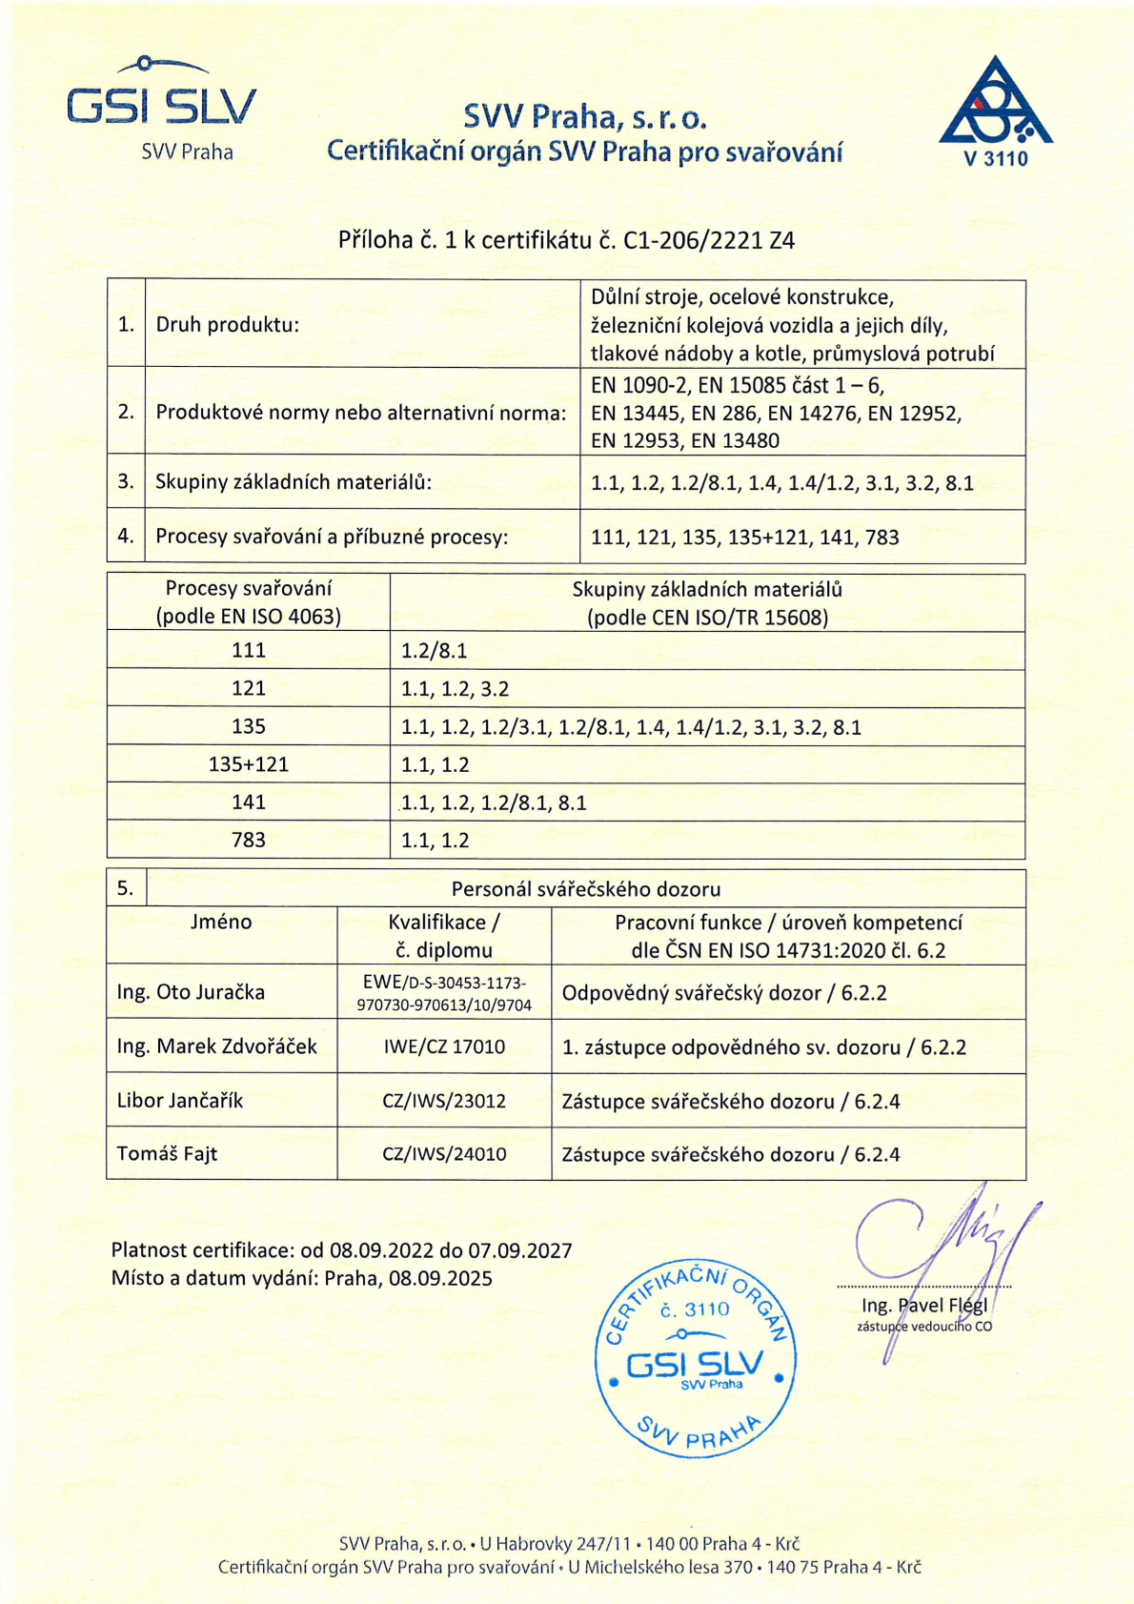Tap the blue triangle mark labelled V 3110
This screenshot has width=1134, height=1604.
(996, 110)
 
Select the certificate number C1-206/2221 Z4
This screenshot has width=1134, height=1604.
(709, 240)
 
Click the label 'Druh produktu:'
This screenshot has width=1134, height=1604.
(227, 325)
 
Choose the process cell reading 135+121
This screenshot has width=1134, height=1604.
(249, 764)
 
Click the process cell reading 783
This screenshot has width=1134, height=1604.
(249, 840)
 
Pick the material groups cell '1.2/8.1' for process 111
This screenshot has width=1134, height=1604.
(435, 651)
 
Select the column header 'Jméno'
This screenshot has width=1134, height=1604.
(221, 922)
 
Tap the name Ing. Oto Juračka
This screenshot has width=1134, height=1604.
(191, 992)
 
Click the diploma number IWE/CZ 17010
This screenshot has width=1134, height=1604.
(444, 1046)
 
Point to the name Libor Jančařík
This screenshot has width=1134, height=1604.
(180, 1101)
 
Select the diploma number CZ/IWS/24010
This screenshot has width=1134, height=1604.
(444, 1154)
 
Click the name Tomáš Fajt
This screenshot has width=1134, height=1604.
(167, 1154)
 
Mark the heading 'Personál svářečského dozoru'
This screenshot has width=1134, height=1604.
(585, 889)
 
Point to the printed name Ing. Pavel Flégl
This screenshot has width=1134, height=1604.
(924, 1305)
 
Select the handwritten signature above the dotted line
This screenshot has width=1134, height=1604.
(943, 1239)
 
